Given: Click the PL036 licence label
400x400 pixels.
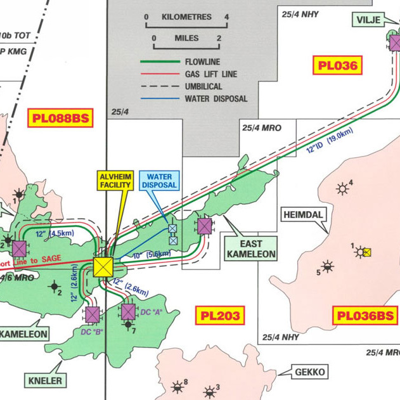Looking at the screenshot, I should [338, 64].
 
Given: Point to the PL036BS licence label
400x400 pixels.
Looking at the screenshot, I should [366, 315].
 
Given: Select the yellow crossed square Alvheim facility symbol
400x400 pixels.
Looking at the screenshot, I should [103, 266].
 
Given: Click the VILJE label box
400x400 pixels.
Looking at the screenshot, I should [368, 20].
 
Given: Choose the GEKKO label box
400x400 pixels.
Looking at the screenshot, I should [309, 372].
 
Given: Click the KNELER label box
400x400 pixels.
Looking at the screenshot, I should [46, 381].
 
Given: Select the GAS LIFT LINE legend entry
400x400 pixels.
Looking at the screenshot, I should [210, 74].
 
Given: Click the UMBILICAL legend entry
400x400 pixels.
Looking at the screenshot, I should [203, 86].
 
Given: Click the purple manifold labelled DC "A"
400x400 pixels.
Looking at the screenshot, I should [128, 311].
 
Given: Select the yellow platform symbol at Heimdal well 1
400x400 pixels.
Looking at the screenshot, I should [367, 252].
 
